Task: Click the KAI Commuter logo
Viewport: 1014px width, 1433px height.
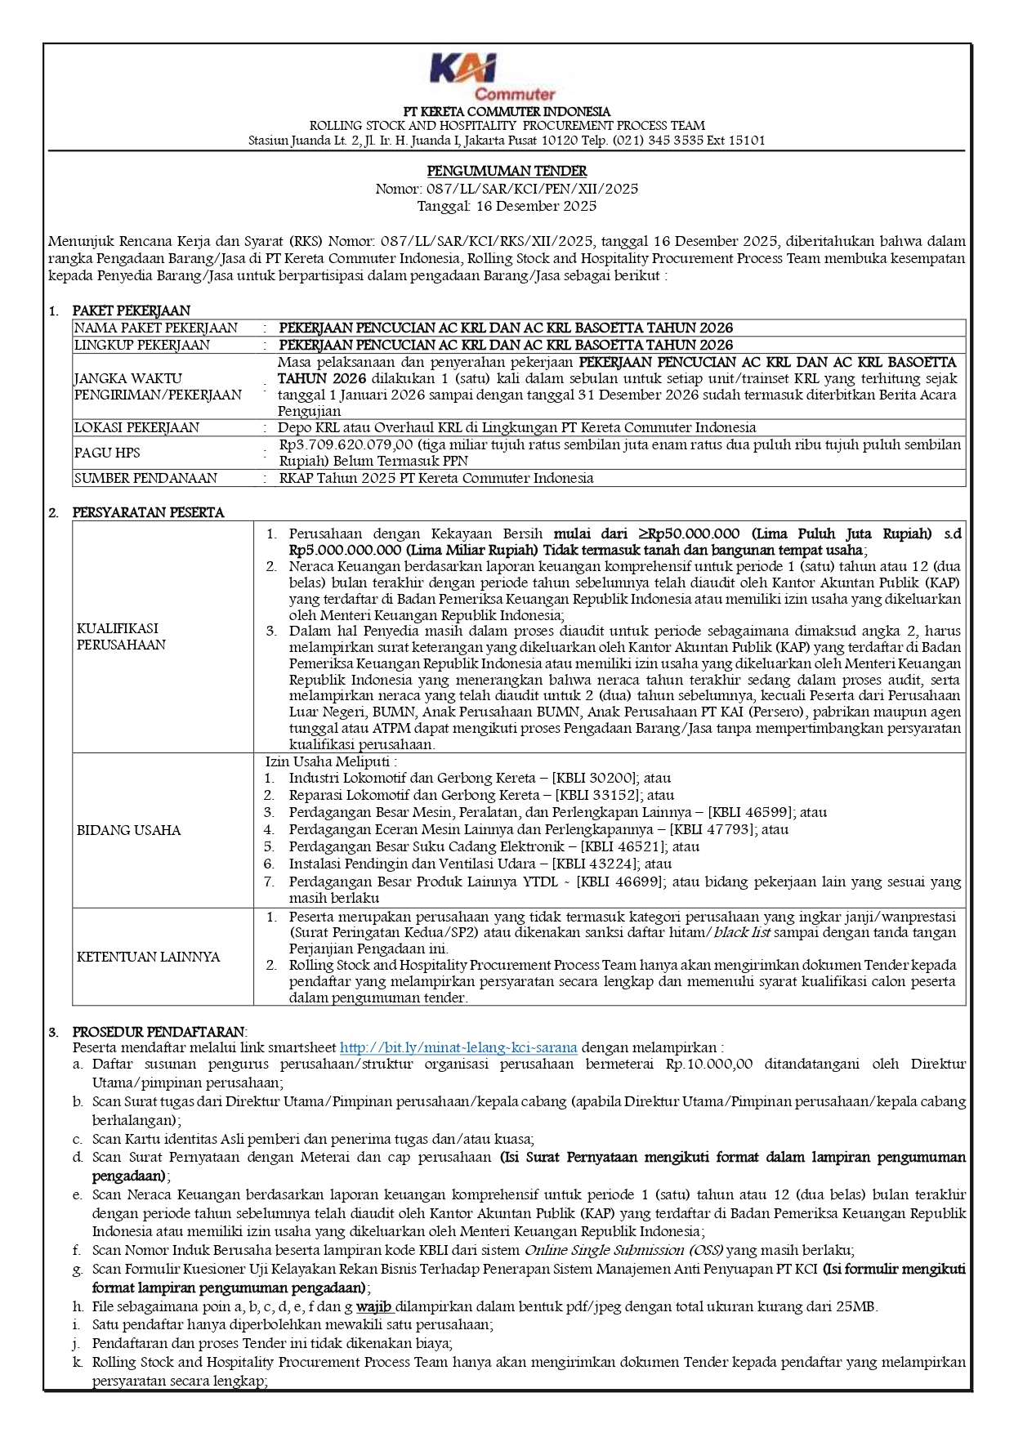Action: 492,78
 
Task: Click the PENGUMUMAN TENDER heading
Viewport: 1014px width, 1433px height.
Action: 507,171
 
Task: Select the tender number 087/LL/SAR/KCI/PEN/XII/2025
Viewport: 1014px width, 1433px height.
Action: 532,189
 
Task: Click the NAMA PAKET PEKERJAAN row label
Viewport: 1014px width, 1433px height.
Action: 156,328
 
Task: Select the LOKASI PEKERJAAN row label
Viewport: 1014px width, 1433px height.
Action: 136,427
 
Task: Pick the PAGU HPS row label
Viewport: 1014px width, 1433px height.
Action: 107,453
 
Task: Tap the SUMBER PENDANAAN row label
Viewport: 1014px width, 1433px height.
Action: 145,478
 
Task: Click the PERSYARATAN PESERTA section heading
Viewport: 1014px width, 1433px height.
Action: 148,512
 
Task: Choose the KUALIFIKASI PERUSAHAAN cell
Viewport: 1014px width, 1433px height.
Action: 121,636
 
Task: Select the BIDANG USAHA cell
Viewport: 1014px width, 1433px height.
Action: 128,830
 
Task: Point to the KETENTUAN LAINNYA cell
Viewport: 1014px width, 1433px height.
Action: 148,957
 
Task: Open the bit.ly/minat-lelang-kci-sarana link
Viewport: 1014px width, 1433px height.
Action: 458,1047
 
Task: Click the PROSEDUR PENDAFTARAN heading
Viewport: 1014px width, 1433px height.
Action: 159,1032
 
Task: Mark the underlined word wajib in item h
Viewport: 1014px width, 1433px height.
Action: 373,1306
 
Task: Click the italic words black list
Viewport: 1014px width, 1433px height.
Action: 742,932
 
